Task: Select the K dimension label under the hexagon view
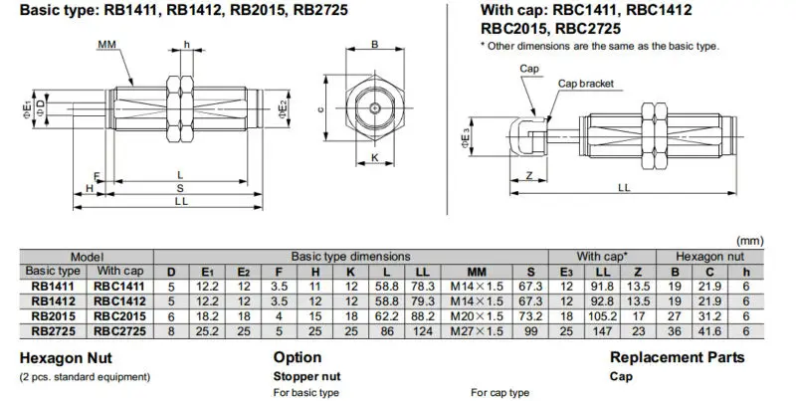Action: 374,158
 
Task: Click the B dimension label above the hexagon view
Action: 374,45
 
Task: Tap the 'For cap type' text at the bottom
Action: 500,394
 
